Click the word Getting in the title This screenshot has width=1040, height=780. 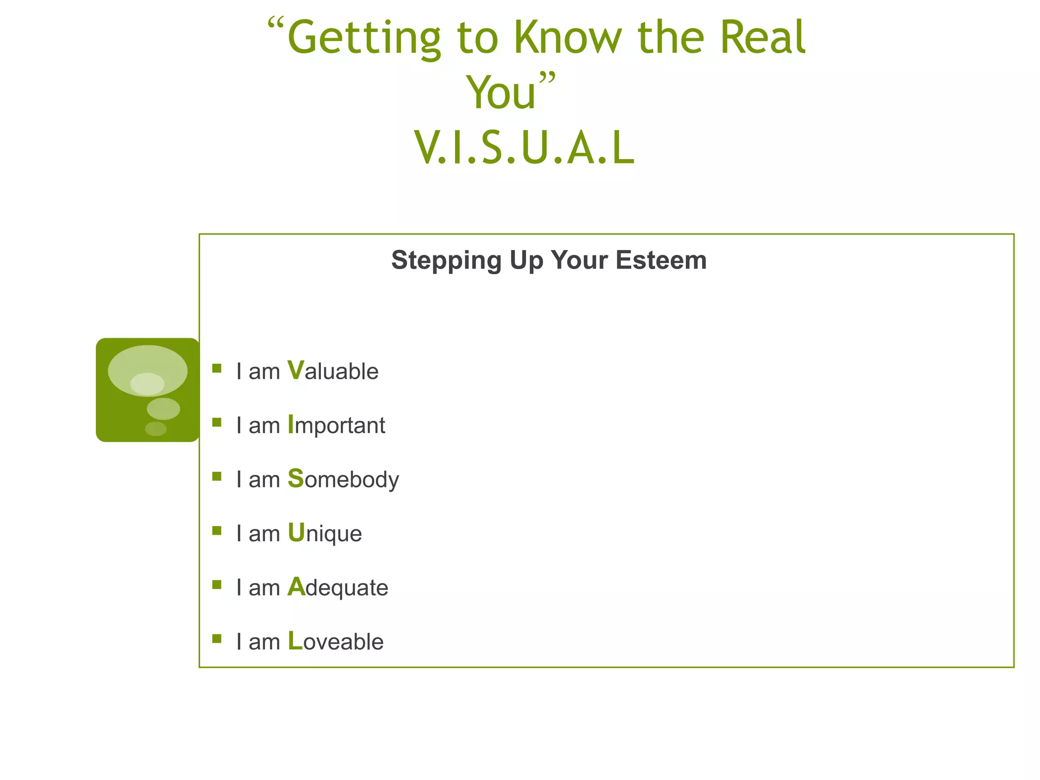(364, 39)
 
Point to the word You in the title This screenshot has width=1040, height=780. (501, 92)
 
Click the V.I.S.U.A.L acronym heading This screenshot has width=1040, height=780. (524, 148)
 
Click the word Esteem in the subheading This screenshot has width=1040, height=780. (661, 260)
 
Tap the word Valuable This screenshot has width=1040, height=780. (333, 371)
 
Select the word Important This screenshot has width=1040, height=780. (336, 425)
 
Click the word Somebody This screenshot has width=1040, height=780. (343, 479)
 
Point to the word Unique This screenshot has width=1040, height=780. (324, 533)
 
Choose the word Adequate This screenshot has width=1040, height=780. (338, 588)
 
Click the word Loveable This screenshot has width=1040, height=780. (336, 641)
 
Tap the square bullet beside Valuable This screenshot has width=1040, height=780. (217, 369)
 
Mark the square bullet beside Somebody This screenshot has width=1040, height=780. (217, 476)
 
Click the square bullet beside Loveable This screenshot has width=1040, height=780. (217, 639)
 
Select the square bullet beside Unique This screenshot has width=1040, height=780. (217, 531)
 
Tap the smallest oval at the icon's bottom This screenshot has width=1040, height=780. (155, 429)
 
